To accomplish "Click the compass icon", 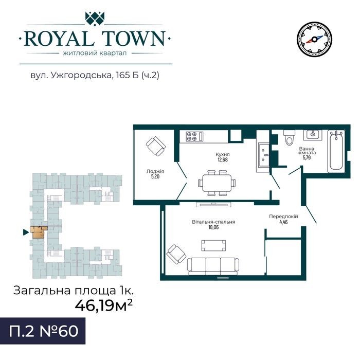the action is (x=314, y=40).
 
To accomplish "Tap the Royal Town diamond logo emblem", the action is (x=95, y=18).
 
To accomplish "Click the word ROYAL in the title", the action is (x=59, y=39).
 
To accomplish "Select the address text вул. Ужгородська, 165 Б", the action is (x=85, y=75).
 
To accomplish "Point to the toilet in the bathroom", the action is (x=289, y=137).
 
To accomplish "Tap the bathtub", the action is (x=336, y=151).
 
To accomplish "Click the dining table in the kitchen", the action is (x=217, y=183).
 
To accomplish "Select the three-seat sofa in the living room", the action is (x=213, y=266).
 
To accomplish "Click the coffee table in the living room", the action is (x=213, y=245).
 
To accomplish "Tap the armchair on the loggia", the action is (x=156, y=146).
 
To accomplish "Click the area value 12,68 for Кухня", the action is (x=223, y=159).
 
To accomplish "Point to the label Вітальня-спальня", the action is (x=213, y=222).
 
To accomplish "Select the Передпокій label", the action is (x=283, y=217).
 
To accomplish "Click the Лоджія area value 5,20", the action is (x=155, y=176).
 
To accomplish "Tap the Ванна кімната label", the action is (x=307, y=151).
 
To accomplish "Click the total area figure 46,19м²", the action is (x=104, y=305).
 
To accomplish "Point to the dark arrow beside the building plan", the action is (x=26, y=232).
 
